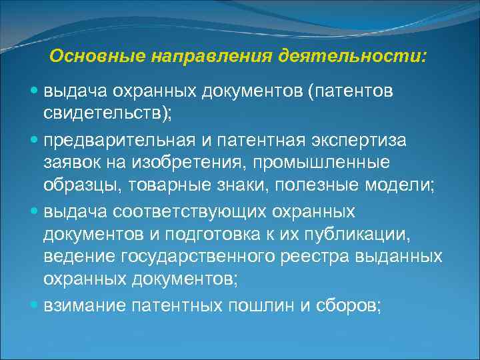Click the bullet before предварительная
point(34,142)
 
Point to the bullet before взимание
point(34,305)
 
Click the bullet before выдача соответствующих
point(34,212)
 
